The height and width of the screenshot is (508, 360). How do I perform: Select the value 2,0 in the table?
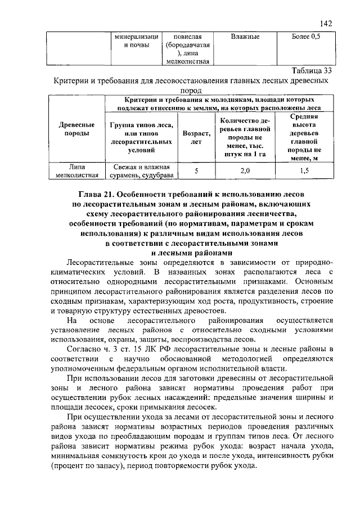point(245,170)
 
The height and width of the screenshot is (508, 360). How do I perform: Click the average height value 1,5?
point(304,170)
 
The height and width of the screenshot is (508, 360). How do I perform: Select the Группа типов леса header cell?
point(142,138)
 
